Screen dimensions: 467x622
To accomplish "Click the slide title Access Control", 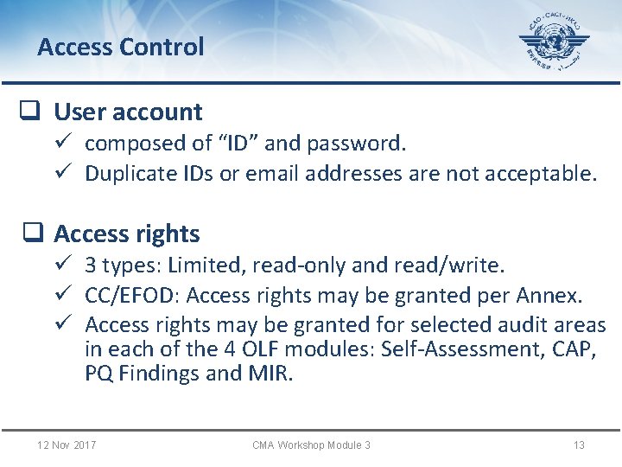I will [x=120, y=47].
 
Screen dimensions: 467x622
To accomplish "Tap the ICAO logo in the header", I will [x=554, y=43].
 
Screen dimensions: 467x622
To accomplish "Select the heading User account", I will [x=128, y=112].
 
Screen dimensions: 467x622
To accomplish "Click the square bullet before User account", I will [x=31, y=112].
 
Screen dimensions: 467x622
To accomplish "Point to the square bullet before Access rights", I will [x=31, y=233].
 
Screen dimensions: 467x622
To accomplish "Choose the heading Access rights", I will [x=126, y=233].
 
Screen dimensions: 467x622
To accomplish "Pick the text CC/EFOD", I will [x=131, y=296].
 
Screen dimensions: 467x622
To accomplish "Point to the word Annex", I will [x=549, y=296].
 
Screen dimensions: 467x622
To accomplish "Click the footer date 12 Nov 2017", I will [x=67, y=445].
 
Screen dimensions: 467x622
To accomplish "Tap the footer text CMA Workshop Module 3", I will [x=311, y=445].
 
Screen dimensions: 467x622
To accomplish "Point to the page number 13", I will [x=579, y=445].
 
